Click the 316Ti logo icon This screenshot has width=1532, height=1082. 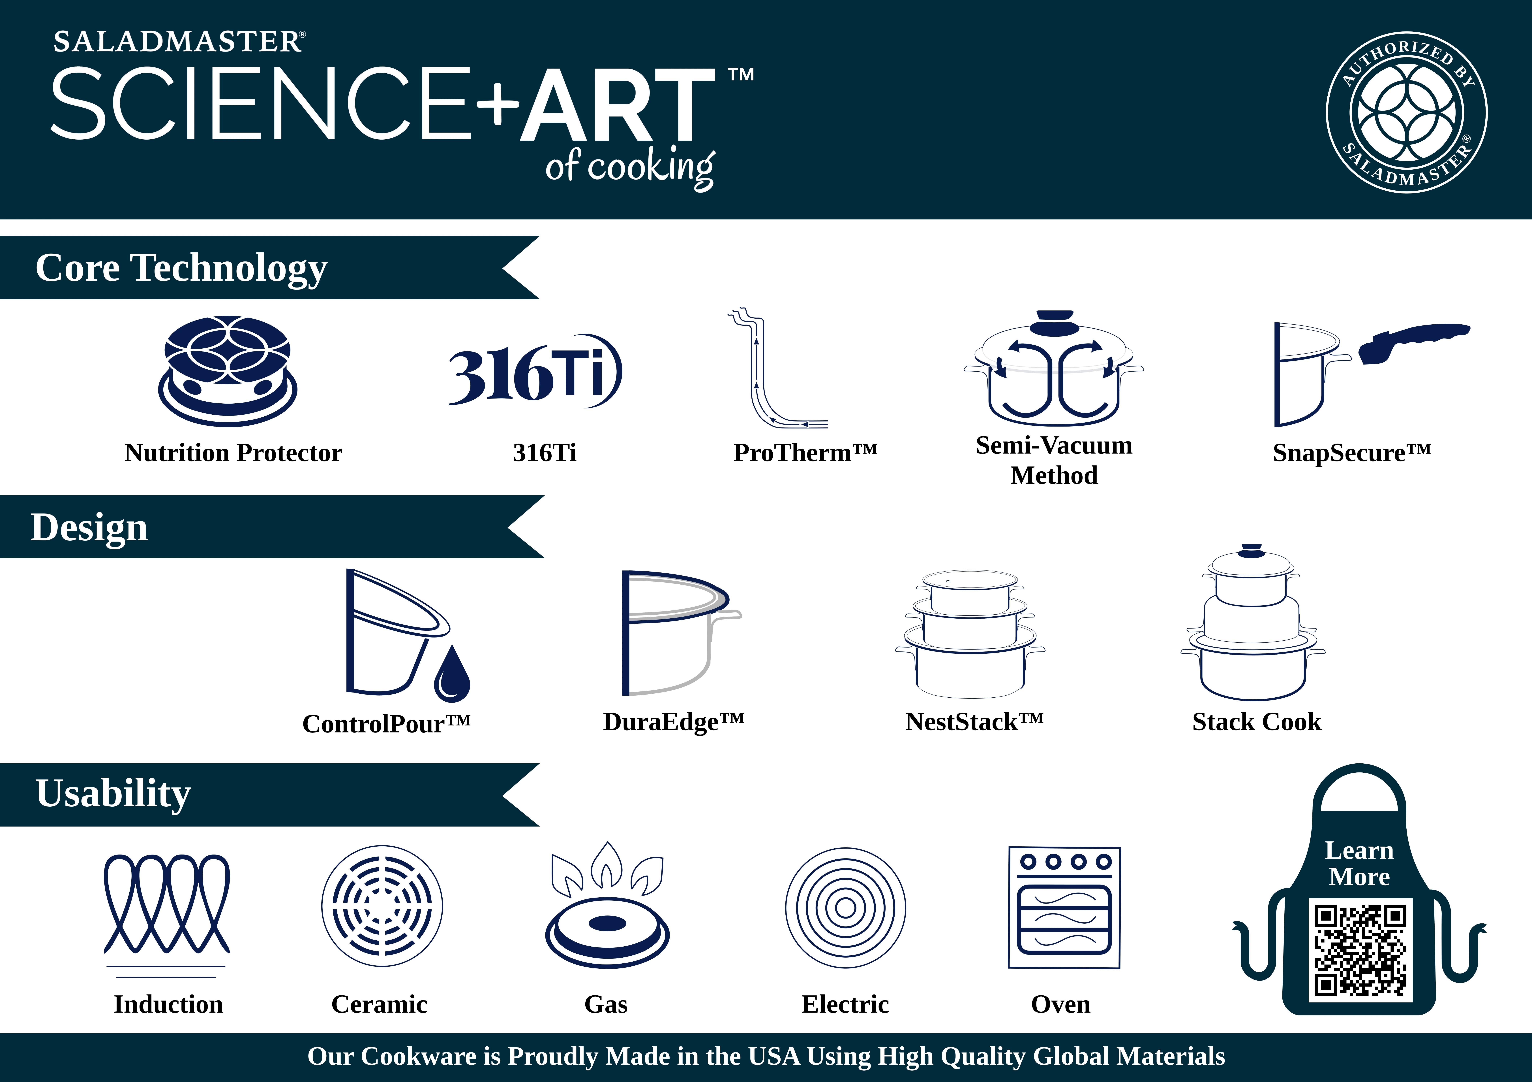tap(535, 370)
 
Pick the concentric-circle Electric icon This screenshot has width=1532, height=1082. tap(845, 908)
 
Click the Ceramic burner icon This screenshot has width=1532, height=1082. tap(382, 906)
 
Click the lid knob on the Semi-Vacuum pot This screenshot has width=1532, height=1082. tap(1052, 322)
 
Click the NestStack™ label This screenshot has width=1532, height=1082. tap(974, 722)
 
